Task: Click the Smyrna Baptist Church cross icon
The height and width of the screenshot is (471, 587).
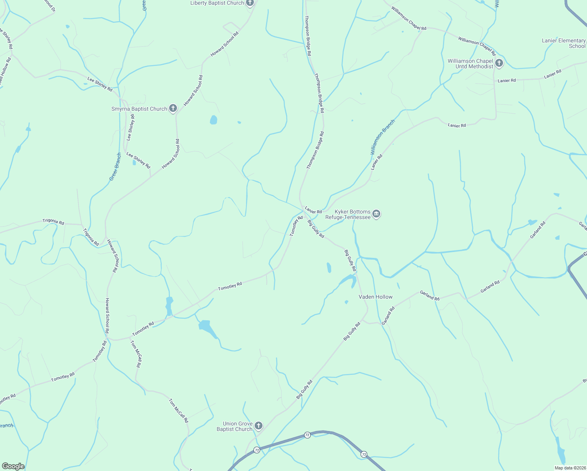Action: [x=173, y=109]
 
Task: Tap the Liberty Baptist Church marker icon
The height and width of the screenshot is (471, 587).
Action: [x=250, y=3]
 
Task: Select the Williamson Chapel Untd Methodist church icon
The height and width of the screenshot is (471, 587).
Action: [x=499, y=63]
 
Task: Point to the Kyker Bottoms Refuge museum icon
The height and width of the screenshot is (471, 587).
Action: [x=376, y=214]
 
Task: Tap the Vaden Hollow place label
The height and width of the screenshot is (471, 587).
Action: [x=376, y=297]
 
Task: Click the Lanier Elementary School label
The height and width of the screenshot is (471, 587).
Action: [x=563, y=43]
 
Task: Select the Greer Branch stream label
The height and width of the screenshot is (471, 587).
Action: [x=115, y=167]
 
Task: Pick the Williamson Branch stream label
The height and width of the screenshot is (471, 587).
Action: [x=383, y=137]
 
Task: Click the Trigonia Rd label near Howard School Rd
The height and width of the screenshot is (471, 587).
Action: [x=91, y=237]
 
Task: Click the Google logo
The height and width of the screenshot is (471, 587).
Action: [x=13, y=466]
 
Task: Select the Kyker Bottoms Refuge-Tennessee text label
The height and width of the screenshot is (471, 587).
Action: [x=348, y=214]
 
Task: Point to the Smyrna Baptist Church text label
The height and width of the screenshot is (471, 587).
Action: [x=139, y=109]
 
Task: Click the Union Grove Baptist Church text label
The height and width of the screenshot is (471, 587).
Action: [x=235, y=426]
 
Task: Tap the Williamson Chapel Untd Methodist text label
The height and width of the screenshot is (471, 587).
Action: [x=470, y=64]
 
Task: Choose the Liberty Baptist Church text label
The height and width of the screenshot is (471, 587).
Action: [x=217, y=3]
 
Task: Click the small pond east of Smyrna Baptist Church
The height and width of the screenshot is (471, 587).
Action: [x=213, y=120]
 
